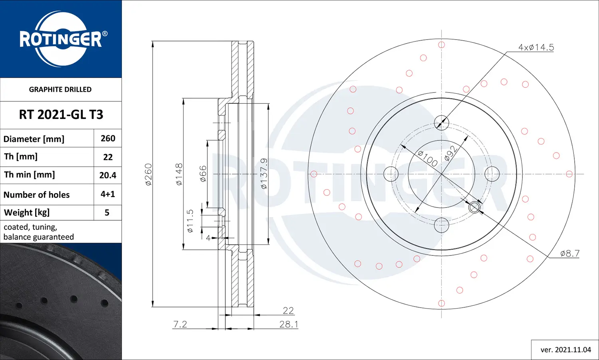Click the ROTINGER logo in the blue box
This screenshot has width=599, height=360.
pyautogui.click(x=61, y=39)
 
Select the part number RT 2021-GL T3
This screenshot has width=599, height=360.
pyautogui.click(x=61, y=115)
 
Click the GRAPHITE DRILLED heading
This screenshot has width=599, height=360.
pyautogui.click(x=60, y=89)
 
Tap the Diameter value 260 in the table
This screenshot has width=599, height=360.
pyautogui.click(x=108, y=138)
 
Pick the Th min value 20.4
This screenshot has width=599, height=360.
pyautogui.click(x=108, y=175)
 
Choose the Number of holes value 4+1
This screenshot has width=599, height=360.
pyautogui.click(x=108, y=194)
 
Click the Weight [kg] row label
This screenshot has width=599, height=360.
pyautogui.click(x=27, y=212)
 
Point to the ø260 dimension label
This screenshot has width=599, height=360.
pyautogui.click(x=148, y=174)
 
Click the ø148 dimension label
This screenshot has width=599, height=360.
pyautogui.click(x=179, y=174)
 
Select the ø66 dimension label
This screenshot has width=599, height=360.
pyautogui.click(x=203, y=174)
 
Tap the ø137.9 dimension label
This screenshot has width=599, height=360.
pyautogui.click(x=264, y=174)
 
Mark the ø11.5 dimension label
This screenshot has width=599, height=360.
pyautogui.click(x=190, y=221)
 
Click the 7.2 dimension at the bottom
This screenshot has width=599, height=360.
pyautogui.click(x=180, y=324)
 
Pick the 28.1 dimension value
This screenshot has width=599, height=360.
pyautogui.click(x=288, y=324)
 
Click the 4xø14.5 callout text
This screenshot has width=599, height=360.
pyautogui.click(x=536, y=47)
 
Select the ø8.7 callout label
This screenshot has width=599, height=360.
pyautogui.click(x=569, y=253)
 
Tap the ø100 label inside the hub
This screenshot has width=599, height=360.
pyautogui.click(x=428, y=158)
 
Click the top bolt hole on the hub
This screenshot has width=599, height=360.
pyautogui.click(x=441, y=123)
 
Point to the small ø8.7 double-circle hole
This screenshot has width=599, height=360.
pyautogui.click(x=474, y=207)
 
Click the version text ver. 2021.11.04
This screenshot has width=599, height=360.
pyautogui.click(x=565, y=350)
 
